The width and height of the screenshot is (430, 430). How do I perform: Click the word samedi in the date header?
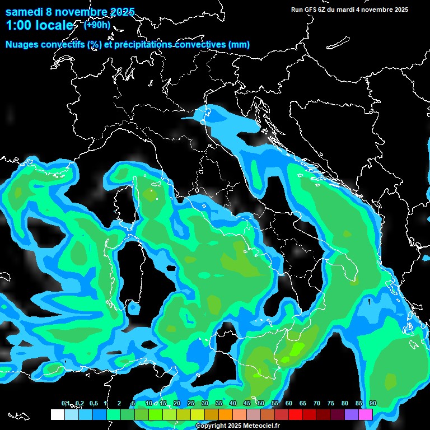pyautogui.click(x=25, y=11)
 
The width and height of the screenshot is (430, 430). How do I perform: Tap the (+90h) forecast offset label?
pyautogui.click(x=97, y=25)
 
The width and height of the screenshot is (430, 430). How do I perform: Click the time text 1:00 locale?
pyautogui.click(x=39, y=26)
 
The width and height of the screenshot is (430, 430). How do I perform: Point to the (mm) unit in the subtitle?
pyautogui.click(x=240, y=45)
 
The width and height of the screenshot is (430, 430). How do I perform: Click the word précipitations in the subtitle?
pyautogui.click(x=142, y=45)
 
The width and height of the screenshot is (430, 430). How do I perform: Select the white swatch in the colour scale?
pyautogui.click(x=57, y=414)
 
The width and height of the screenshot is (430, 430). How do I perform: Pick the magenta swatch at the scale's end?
pyautogui.click(x=366, y=414)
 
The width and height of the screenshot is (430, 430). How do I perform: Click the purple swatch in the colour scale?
pyautogui.click(x=352, y=414)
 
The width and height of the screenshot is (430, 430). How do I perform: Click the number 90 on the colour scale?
pyautogui.click(x=372, y=403)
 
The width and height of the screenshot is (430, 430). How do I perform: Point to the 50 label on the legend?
pyautogui.click(x=260, y=403)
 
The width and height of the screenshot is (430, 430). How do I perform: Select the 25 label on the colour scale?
pyautogui.click(x=190, y=403)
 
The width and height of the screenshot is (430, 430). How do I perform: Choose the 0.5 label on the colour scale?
pyautogui.click(x=93, y=403)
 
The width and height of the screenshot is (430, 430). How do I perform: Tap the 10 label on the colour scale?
pyautogui.click(x=148, y=403)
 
